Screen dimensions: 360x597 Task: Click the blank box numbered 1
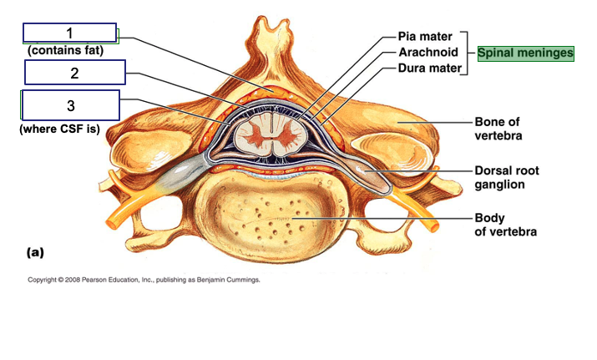point(70,33)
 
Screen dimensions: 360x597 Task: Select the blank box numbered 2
point(74,73)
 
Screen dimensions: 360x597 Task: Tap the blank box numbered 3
point(70,105)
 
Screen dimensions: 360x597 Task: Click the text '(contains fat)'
point(64,51)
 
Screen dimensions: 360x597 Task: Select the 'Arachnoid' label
point(428,52)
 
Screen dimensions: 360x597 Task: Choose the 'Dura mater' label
point(428,68)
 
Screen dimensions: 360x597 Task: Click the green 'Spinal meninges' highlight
point(526,53)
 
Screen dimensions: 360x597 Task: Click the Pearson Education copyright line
point(144,281)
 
